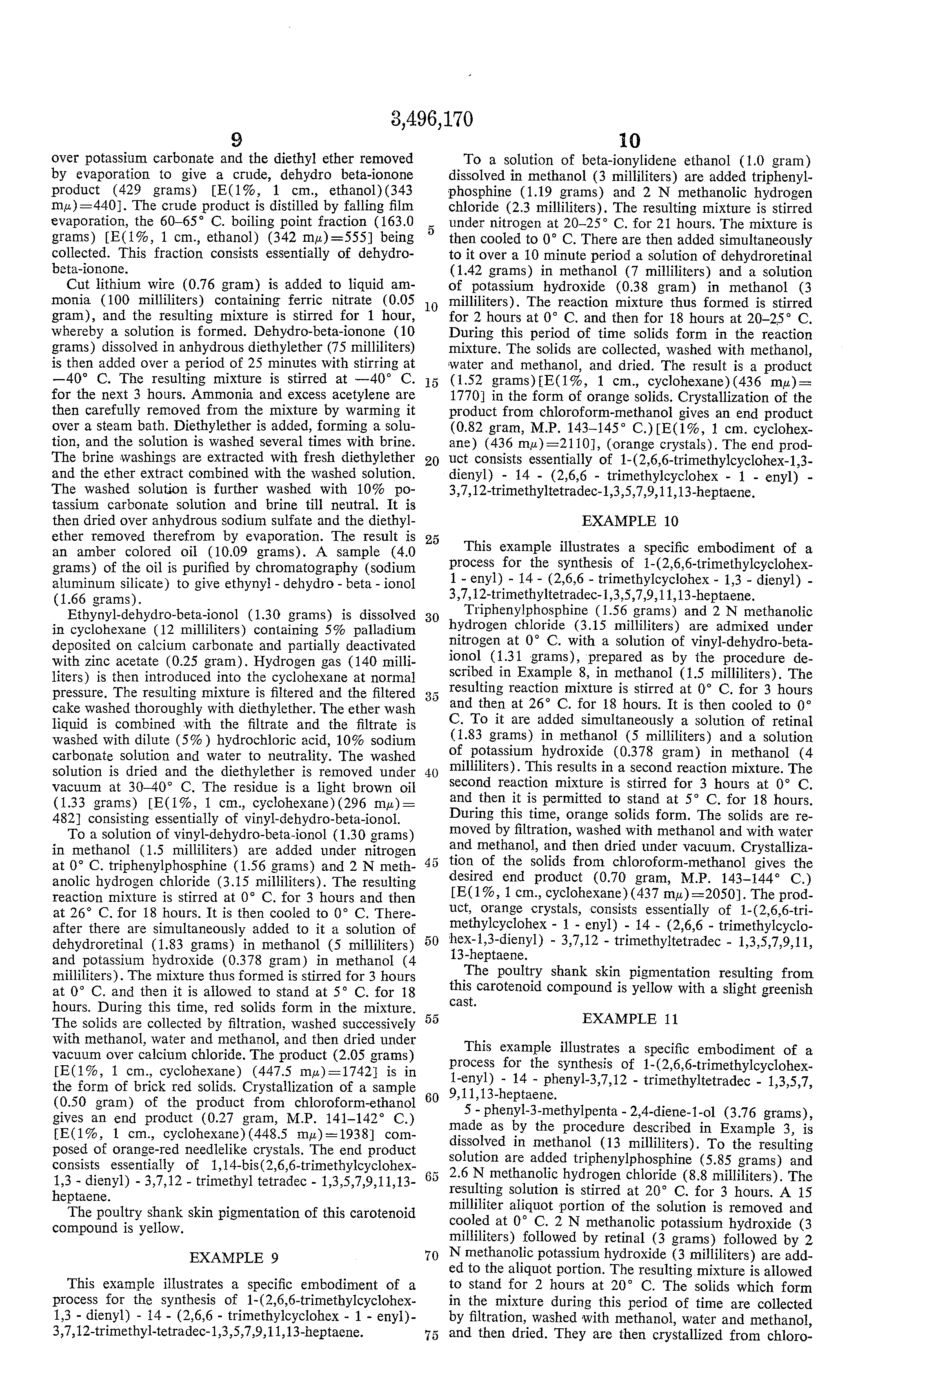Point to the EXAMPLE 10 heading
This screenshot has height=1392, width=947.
click(x=630, y=521)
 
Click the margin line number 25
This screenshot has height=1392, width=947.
click(x=431, y=539)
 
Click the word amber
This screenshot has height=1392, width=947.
click(x=97, y=552)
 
